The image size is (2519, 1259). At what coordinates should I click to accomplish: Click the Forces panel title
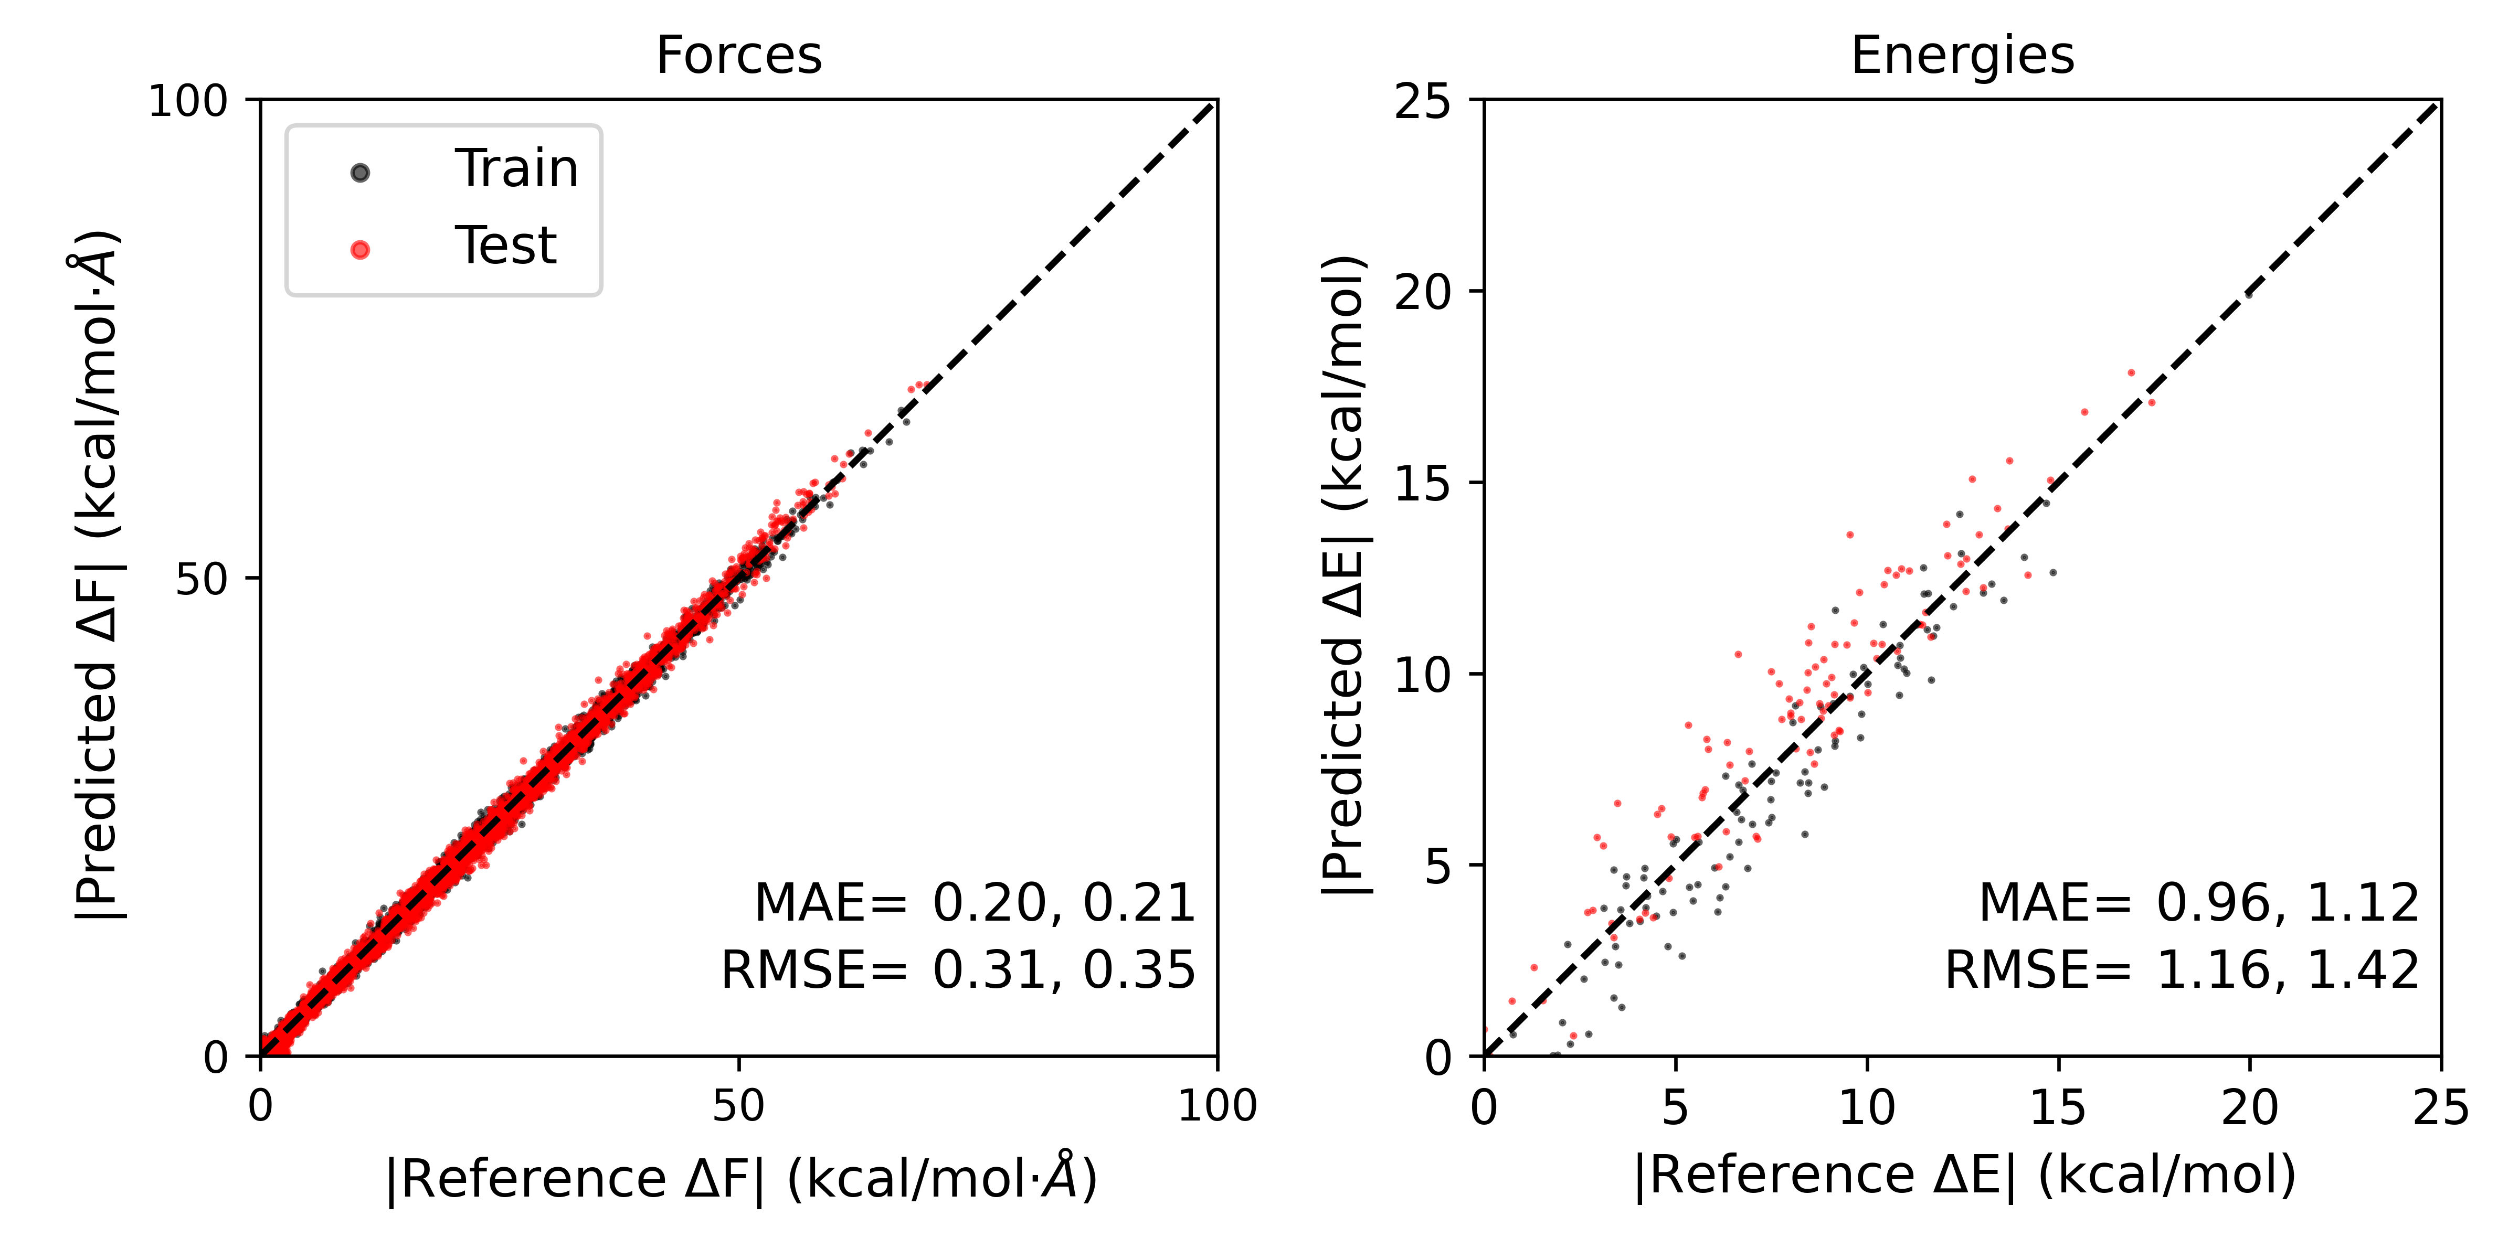pyautogui.click(x=738, y=56)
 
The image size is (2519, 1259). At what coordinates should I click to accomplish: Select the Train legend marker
pyautogui.click(x=360, y=173)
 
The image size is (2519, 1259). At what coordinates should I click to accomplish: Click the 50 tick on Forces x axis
pyautogui.click(x=738, y=1105)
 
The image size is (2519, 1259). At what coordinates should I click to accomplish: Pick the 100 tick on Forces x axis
pyautogui.click(x=1216, y=1105)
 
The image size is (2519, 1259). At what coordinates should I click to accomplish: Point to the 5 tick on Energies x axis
pyautogui.click(x=1675, y=1107)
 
